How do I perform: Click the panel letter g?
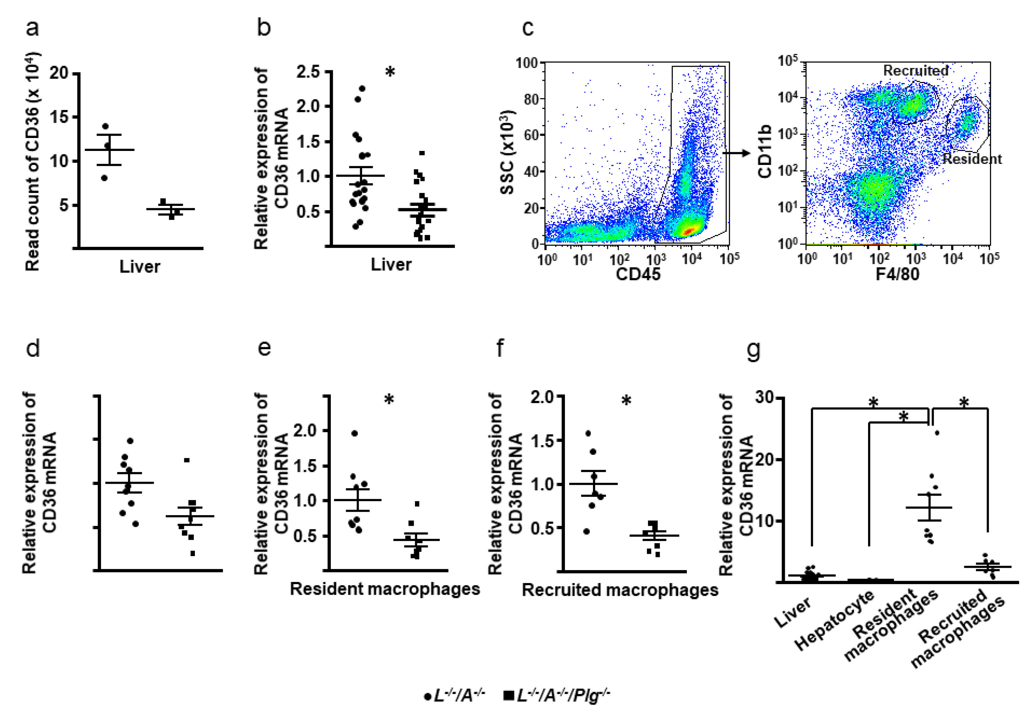[753, 350]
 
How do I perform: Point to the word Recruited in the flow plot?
[916, 71]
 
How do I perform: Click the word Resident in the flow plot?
[972, 159]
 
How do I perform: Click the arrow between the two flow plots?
[736, 153]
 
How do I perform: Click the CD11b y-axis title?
[765, 152]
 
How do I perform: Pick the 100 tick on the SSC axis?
[527, 63]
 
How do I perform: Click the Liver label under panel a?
[139, 267]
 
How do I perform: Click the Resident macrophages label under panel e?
[385, 589]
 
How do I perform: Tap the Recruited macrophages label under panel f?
[620, 590]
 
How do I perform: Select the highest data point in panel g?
[937, 433]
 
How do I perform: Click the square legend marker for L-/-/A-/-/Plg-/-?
[508, 695]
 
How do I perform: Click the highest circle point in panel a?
[105, 126]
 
